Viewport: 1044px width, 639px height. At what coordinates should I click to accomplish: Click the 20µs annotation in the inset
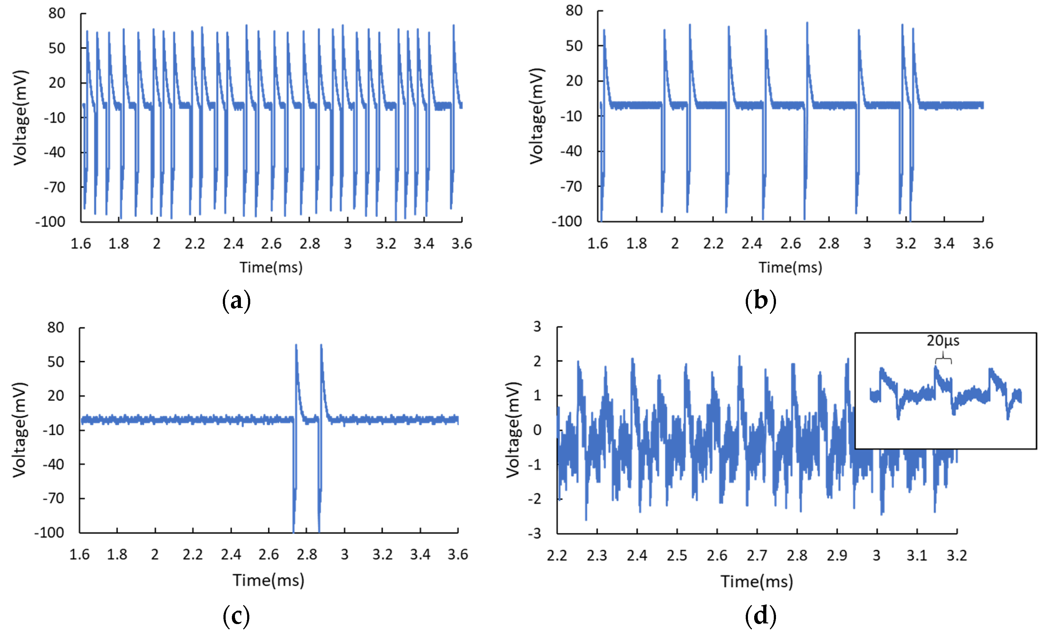[x=943, y=341]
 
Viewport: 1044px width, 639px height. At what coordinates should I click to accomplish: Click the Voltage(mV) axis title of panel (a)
[x=20, y=118]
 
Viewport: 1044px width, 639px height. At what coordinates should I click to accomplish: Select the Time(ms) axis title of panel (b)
[x=790, y=268]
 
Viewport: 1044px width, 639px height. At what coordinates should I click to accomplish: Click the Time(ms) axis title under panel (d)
[x=757, y=581]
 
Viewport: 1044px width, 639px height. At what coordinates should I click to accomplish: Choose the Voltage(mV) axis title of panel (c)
[x=20, y=430]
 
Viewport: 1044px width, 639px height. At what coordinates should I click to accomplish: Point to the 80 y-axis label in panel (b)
[x=574, y=11]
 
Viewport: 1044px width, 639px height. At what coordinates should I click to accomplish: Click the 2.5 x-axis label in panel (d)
[x=677, y=555]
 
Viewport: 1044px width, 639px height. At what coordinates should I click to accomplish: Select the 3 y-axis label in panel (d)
[x=537, y=327]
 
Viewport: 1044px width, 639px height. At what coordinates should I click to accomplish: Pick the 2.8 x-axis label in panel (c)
[x=307, y=555]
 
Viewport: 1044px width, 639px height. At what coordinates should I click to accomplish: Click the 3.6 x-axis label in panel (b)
[x=983, y=244]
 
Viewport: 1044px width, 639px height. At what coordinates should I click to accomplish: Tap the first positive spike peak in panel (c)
[x=296, y=345]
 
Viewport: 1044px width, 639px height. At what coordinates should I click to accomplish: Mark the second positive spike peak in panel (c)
[x=321, y=345]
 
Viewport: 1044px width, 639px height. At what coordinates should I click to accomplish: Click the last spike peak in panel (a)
[x=453, y=26]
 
